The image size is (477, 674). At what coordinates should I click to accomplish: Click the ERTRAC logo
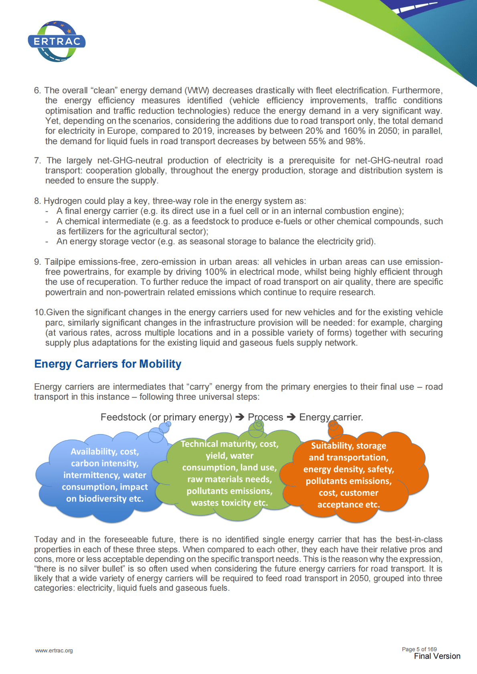click(x=57, y=41)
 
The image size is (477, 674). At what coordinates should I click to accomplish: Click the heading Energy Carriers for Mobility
click(x=108, y=364)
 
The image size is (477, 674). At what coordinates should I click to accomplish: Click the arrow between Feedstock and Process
click(x=240, y=417)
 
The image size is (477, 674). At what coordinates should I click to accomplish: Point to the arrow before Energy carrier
click(x=291, y=417)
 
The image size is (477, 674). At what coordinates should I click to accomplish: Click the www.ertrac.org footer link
click(x=54, y=650)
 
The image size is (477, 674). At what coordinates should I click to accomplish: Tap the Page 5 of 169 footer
click(x=419, y=649)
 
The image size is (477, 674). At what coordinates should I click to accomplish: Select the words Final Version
click(x=437, y=656)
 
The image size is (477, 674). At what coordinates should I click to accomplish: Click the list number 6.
click(x=37, y=91)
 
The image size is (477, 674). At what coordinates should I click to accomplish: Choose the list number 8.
click(x=37, y=201)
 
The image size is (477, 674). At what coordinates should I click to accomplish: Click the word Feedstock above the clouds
click(x=123, y=417)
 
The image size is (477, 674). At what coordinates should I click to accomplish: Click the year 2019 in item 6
click(x=202, y=131)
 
